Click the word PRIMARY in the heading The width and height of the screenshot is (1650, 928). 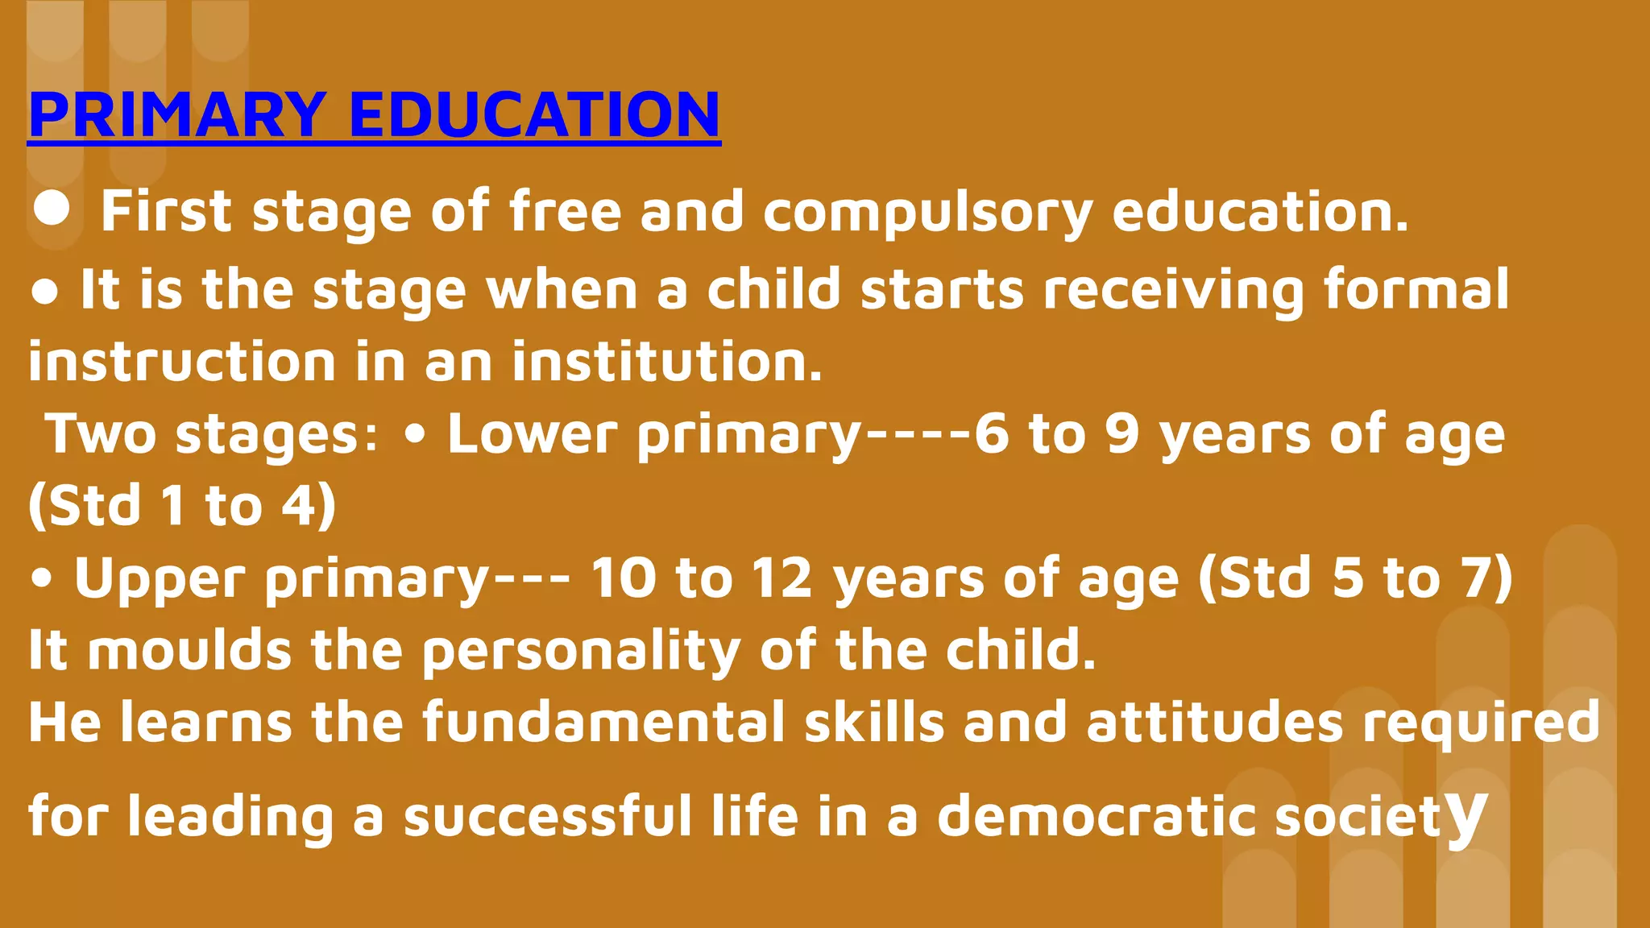[177, 114]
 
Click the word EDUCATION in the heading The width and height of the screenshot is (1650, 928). [534, 114]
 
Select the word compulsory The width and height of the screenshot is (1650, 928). [927, 213]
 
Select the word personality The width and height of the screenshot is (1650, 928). [581, 651]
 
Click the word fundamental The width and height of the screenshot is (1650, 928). [603, 721]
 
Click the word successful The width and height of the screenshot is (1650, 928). [548, 815]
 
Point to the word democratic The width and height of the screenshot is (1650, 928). [1096, 815]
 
